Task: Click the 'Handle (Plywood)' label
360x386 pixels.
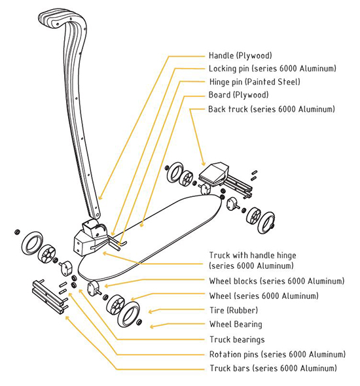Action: (x=240, y=56)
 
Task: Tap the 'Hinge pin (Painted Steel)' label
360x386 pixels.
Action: (x=255, y=82)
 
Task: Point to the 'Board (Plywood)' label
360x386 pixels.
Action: (x=238, y=95)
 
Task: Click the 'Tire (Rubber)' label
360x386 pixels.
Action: (x=234, y=310)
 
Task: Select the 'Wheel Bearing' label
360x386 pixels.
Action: (x=236, y=325)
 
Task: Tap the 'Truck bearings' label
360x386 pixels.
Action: (x=237, y=340)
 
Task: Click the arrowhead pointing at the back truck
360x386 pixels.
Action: (x=204, y=164)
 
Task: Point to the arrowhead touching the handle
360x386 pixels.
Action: (x=99, y=198)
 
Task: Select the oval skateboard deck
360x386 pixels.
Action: (x=151, y=237)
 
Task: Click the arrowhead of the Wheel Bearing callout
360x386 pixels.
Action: (x=152, y=326)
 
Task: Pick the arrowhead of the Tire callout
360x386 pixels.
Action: (x=151, y=311)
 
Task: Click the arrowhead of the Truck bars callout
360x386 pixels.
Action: (x=67, y=318)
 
